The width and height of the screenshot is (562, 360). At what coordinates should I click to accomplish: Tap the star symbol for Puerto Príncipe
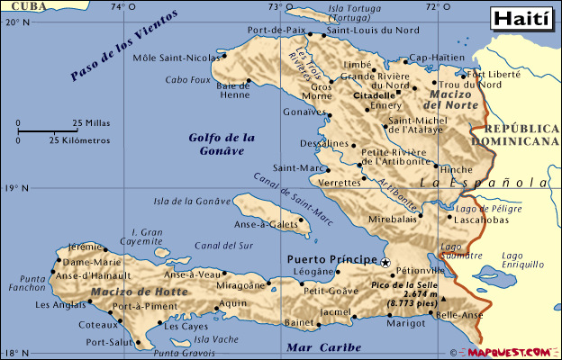click(x=385, y=262)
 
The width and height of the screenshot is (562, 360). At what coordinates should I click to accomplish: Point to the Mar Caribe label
click(x=322, y=346)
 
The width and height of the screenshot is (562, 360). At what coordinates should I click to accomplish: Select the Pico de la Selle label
click(x=403, y=285)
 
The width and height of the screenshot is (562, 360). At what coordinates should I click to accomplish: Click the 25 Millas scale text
click(x=92, y=122)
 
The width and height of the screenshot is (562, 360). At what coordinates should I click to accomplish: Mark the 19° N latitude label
click(x=17, y=188)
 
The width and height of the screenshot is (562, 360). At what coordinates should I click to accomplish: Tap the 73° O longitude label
click(x=278, y=7)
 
